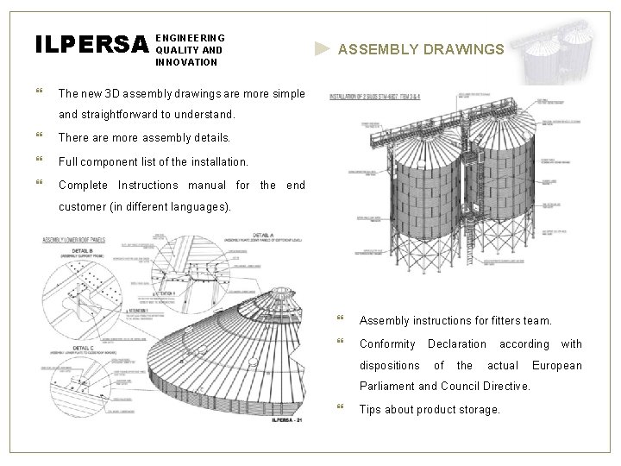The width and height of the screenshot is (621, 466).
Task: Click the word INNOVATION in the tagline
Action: click(x=186, y=62)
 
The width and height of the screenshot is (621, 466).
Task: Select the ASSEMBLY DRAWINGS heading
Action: click(x=421, y=50)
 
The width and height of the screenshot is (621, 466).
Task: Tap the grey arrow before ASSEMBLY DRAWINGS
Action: click(x=322, y=49)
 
